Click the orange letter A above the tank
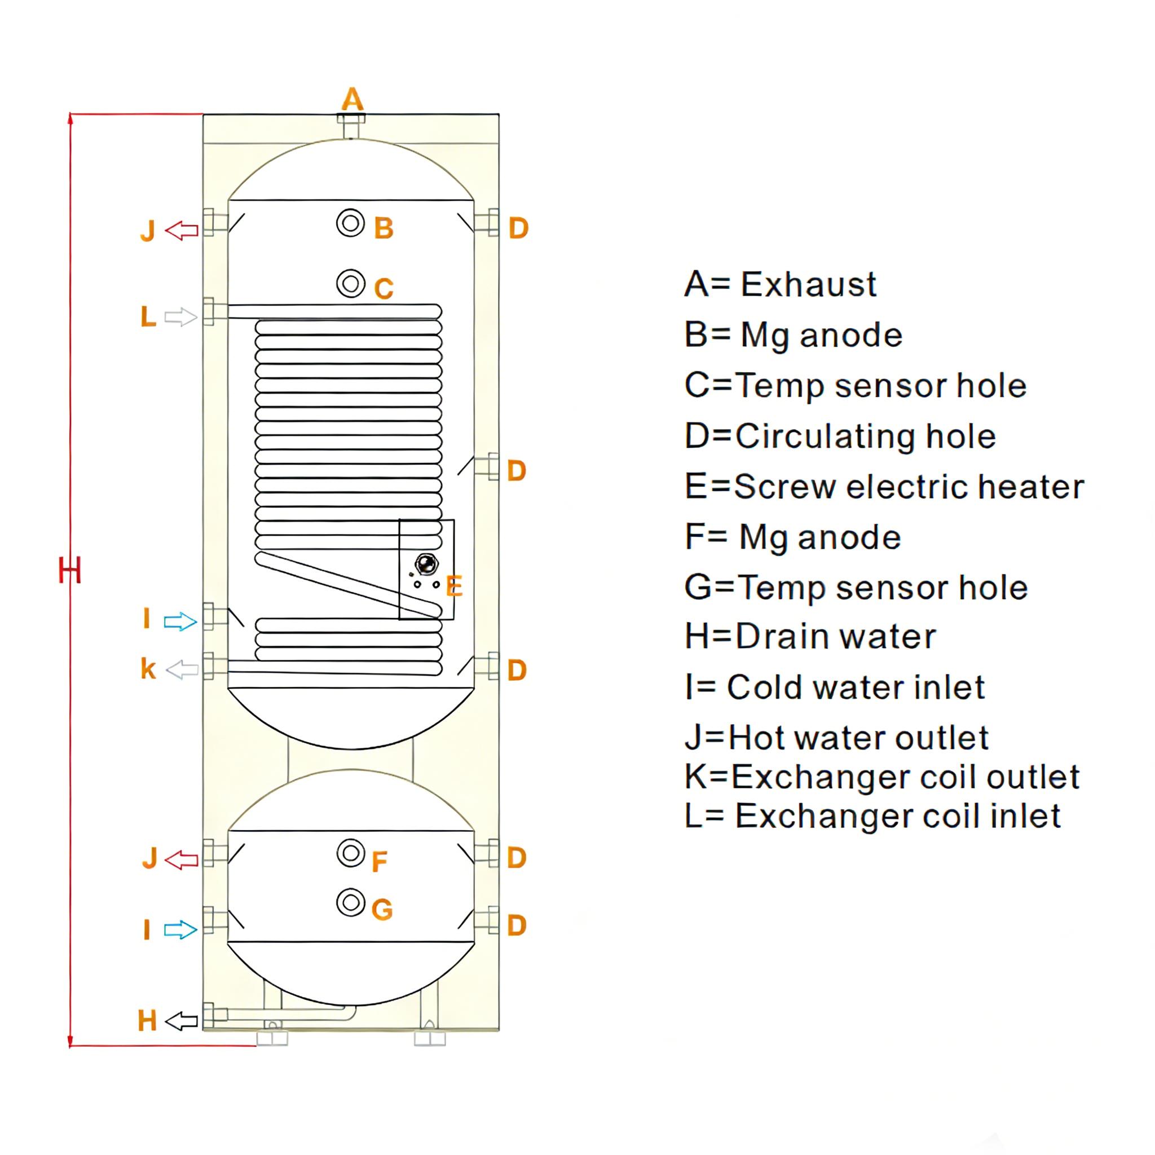(352, 99)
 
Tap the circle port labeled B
(351, 223)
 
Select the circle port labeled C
(351, 283)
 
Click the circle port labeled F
(351, 853)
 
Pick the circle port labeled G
(351, 902)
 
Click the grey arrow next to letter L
(180, 317)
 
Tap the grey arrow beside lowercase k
(182, 670)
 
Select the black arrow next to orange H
(181, 1021)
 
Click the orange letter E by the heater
(455, 587)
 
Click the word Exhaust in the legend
(808, 284)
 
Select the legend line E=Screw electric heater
(884, 487)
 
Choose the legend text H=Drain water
(810, 637)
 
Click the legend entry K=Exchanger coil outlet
(882, 777)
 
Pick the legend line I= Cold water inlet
(835, 687)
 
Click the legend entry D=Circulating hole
(840, 437)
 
